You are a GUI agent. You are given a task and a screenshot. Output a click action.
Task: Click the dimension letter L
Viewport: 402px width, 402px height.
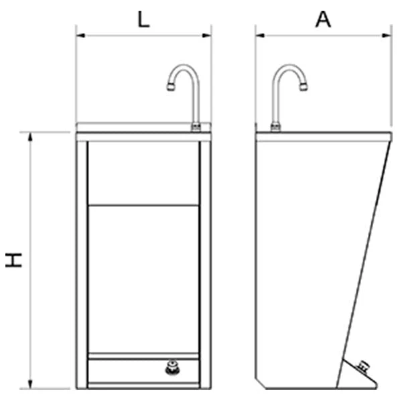point(143,19)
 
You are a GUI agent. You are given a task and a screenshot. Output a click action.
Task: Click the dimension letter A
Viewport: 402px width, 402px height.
point(323,19)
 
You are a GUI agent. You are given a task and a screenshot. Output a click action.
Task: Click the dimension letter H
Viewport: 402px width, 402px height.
point(14,260)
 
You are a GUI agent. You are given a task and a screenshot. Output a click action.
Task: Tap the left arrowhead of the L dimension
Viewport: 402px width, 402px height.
point(80,36)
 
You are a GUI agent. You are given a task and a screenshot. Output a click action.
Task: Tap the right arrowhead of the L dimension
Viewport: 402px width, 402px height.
point(206,36)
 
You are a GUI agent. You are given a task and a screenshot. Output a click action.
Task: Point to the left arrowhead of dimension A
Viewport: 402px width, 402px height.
point(260,36)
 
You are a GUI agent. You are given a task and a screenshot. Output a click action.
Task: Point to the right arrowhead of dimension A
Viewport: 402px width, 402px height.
point(387,36)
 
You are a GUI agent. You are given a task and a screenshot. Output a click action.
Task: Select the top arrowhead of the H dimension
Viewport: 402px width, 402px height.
point(30,137)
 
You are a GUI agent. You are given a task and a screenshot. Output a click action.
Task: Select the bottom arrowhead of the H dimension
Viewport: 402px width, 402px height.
point(30,384)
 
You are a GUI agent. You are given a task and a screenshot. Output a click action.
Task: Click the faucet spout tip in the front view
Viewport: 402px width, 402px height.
point(171,86)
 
